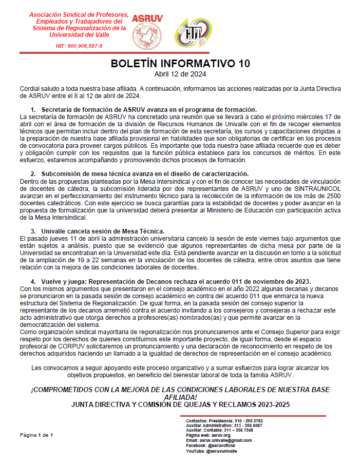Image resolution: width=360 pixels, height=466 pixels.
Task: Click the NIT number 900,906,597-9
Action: [x=79, y=46]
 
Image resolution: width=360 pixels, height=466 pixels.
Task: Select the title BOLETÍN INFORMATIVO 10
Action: [x=180, y=64]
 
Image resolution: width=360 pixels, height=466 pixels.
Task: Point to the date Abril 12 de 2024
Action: [x=180, y=74]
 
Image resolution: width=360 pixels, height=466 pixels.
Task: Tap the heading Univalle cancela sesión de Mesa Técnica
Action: [x=103, y=231]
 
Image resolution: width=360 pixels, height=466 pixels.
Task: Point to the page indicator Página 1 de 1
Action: [x=36, y=435]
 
